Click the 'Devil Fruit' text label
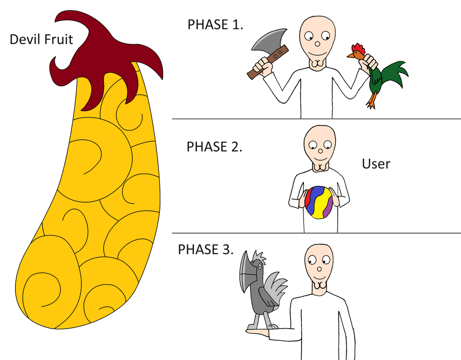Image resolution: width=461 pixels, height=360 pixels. [41, 40]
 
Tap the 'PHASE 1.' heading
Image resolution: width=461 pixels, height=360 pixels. [215, 24]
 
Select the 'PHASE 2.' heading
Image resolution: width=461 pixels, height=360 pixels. [214, 146]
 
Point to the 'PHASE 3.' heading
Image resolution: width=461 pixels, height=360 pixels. [206, 249]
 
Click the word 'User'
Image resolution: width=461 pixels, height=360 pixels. [376, 164]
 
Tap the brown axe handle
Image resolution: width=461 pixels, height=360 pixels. [268, 62]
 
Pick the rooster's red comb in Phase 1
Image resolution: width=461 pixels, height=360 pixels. [358, 49]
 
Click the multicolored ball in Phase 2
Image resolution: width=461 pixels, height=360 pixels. [319, 202]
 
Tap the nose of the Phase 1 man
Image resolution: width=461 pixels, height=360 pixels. [317, 44]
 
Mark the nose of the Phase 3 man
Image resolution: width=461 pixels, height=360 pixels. [319, 269]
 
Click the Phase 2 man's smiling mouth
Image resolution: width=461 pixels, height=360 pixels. [320, 159]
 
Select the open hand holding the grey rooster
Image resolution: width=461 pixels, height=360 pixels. [258, 332]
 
